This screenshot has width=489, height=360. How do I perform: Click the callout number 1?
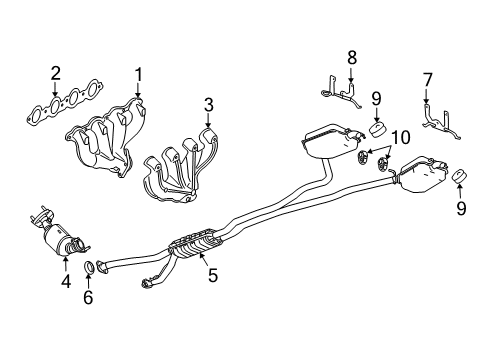click(x=139, y=73)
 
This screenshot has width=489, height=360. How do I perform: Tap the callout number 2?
click(x=56, y=71)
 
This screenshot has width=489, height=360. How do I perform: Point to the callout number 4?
click(x=66, y=283)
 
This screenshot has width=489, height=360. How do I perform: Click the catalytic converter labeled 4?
click(x=62, y=240)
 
